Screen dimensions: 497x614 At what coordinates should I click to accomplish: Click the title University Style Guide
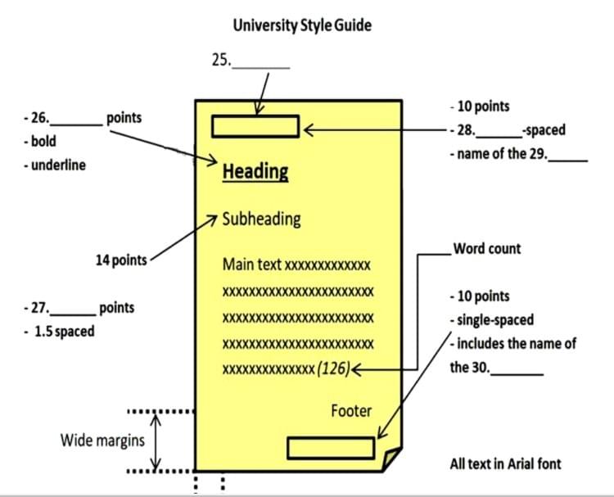click(301, 25)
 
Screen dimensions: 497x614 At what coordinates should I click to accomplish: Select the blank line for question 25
click(261, 65)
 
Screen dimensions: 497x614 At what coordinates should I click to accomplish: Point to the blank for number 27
click(73, 314)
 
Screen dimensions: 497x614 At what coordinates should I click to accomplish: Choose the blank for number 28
click(497, 135)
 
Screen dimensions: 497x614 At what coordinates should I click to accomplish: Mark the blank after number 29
click(568, 159)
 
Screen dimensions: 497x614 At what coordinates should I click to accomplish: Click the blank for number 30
click(517, 373)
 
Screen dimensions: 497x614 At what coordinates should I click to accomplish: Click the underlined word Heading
click(255, 172)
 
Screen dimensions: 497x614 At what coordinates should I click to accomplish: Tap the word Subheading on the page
click(261, 219)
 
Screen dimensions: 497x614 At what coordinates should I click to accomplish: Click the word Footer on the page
click(351, 410)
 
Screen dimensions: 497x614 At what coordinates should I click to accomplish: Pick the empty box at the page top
click(255, 126)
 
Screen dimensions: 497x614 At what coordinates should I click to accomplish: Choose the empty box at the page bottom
click(331, 448)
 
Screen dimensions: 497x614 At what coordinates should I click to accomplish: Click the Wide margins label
click(102, 441)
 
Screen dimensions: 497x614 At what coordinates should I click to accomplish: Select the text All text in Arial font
click(505, 463)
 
